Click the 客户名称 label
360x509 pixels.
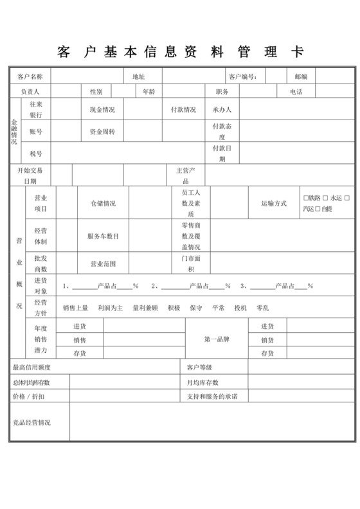click(30, 76)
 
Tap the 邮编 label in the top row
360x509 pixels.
click(301, 76)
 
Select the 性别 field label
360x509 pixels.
click(96, 92)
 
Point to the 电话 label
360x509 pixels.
click(296, 92)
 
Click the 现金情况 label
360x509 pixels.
click(102, 110)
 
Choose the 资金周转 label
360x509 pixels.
click(102, 131)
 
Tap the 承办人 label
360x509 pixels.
click(222, 110)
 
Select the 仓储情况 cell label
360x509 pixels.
click(103, 203)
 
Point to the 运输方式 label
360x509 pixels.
click(274, 203)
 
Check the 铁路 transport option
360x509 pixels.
click(305, 197)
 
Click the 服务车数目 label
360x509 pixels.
click(103, 236)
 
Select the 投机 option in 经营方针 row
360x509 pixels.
click(240, 308)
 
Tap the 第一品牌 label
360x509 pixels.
click(216, 339)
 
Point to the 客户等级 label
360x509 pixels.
click(199, 368)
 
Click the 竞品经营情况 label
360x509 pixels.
click(32, 422)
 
